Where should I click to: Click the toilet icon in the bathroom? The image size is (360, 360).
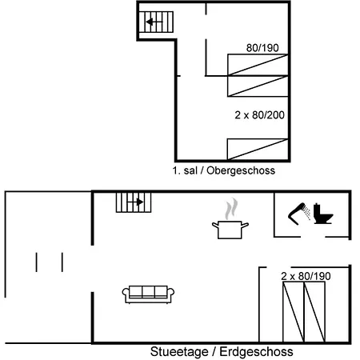click(x=322, y=214)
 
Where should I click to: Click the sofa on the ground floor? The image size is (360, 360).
click(x=148, y=294)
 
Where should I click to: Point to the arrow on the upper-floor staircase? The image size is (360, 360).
click(x=154, y=22)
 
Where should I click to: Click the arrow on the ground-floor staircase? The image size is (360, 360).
click(x=135, y=202)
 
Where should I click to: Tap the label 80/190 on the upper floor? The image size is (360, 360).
click(x=262, y=48)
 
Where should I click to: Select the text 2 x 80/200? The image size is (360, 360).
click(x=259, y=115)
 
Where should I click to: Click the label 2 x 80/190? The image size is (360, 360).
click(x=306, y=276)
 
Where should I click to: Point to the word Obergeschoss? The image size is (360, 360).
click(x=241, y=170)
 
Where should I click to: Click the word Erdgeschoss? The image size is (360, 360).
click(x=256, y=352)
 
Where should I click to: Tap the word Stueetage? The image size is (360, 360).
click(x=179, y=352)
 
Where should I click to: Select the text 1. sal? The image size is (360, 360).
click(x=185, y=170)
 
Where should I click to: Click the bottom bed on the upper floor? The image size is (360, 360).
click(x=258, y=150)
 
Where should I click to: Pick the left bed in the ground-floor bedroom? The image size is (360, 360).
click(x=294, y=312)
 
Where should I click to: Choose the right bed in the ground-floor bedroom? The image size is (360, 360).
click(x=314, y=312)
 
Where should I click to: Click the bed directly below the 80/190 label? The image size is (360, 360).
click(x=258, y=65)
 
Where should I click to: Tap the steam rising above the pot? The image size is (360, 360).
click(x=231, y=209)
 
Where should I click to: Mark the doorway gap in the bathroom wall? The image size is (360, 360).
click(x=313, y=237)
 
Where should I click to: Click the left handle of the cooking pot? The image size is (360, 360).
click(x=215, y=226)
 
